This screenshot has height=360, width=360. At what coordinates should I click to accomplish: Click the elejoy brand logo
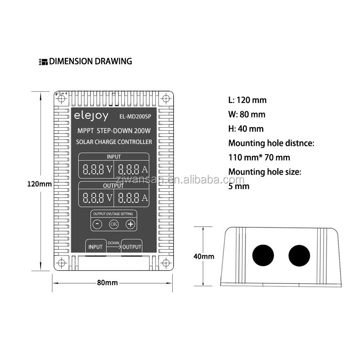point(91,116)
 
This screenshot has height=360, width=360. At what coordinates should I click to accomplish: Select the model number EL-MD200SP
point(135,117)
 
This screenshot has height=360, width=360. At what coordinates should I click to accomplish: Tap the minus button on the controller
point(97,224)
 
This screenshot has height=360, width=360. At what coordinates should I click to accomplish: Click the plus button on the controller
point(130,224)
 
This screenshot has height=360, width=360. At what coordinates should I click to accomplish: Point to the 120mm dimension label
point(40,184)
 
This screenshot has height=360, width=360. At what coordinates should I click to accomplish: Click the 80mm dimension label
point(107,283)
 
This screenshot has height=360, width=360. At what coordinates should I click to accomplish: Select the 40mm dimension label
point(204,256)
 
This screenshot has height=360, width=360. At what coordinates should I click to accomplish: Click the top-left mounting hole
point(62,99)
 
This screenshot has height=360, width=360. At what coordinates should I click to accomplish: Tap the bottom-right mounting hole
point(166,263)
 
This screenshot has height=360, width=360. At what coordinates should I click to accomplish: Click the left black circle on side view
point(263,255)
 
